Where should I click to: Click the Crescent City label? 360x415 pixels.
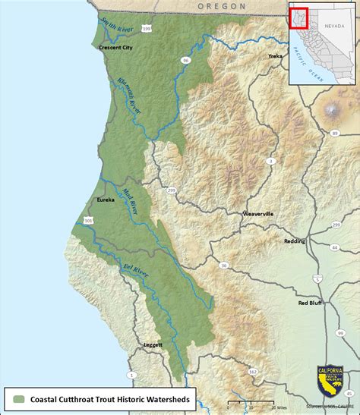tap(115, 47)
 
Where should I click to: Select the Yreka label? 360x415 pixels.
tap(275, 56)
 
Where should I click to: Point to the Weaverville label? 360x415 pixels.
tap(257, 214)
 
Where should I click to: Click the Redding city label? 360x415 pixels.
tap(294, 241)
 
